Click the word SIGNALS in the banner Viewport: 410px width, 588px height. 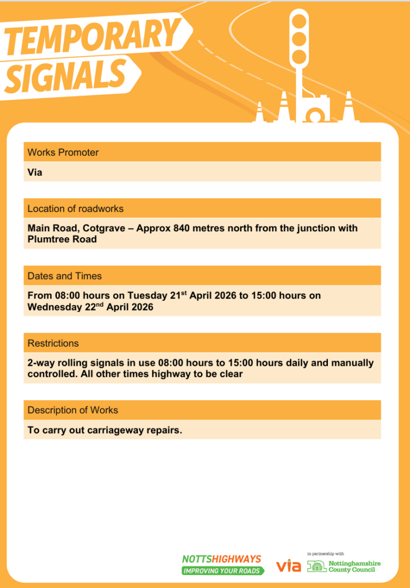66,76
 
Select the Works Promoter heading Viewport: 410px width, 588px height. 63,153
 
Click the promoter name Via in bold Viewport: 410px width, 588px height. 35,172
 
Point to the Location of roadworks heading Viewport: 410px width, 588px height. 75,209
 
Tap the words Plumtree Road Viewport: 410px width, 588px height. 62,239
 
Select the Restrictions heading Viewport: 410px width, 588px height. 53,343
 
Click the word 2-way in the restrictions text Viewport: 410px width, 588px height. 40,363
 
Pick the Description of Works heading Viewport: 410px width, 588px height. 73,411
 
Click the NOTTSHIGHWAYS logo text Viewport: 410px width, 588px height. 222,559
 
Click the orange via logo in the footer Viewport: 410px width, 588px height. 288,566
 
